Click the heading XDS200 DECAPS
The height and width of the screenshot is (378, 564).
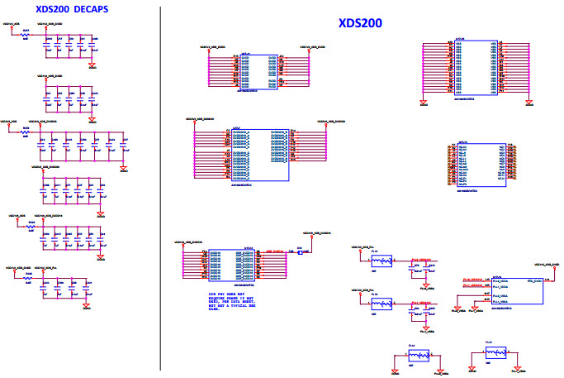pyautogui.click(x=70, y=9)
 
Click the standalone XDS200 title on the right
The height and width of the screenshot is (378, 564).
pyautogui.click(x=360, y=23)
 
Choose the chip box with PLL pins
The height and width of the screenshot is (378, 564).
pyautogui.click(x=519, y=292)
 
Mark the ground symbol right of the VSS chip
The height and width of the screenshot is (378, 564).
pyautogui.click(x=528, y=103)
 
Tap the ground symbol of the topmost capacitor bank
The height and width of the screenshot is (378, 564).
pyautogui.click(x=92, y=65)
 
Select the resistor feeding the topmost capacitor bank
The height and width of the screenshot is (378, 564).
pyautogui.click(x=26, y=36)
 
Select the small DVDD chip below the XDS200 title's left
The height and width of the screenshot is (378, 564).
pyautogui.click(x=258, y=72)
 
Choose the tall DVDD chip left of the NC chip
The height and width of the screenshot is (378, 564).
pyautogui.click(x=258, y=155)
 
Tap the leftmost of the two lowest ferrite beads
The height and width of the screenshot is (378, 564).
pyautogui.click(x=420, y=356)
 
